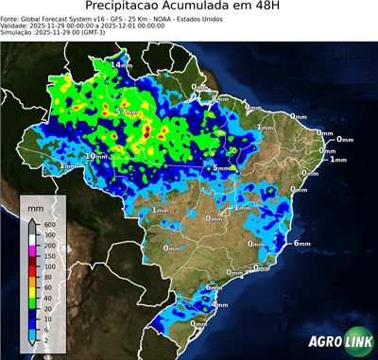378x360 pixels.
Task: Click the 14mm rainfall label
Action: (x=122, y=64)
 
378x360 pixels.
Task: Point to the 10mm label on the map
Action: (x=97, y=156)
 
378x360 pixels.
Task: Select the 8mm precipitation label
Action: (x=219, y=98)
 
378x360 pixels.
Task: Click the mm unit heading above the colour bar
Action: (x=35, y=205)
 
